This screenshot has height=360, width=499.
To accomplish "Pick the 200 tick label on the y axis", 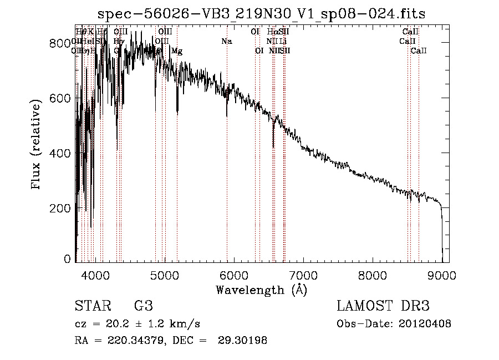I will coord(62,208).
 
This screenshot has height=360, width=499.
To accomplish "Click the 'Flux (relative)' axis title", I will coord(37,145).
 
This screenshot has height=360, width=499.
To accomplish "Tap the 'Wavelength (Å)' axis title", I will coord(261,290).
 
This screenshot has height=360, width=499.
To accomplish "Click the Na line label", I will coord(226,42).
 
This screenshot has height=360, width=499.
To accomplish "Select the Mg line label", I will coord(177,51).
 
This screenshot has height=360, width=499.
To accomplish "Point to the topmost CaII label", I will coord(410,32).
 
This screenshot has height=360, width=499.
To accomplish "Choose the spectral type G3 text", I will coord(143,306).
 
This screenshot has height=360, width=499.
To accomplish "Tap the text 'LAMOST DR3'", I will coord(383,306).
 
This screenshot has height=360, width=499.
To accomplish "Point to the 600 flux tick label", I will coord(62,98).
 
